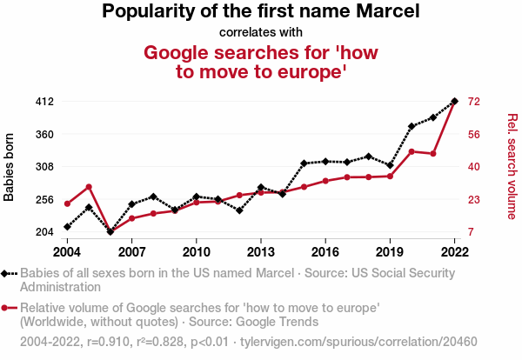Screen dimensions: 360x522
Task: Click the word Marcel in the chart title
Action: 388,11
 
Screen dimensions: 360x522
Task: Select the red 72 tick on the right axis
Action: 474,102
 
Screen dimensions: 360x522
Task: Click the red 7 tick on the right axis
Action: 472,232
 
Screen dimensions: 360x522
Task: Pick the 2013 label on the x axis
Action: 260,251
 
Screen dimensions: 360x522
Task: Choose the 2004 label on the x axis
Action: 67,251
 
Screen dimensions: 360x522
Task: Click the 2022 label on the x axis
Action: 454,251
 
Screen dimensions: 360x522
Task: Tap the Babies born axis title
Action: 10,167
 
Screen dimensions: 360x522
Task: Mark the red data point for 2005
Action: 89,187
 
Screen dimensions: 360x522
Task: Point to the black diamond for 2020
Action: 412,126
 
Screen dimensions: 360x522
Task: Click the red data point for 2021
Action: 433,154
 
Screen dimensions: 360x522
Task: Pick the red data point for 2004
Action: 67,203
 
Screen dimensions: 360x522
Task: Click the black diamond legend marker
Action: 6,274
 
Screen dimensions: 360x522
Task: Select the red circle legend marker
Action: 6,308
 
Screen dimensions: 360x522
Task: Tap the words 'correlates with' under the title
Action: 261,33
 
